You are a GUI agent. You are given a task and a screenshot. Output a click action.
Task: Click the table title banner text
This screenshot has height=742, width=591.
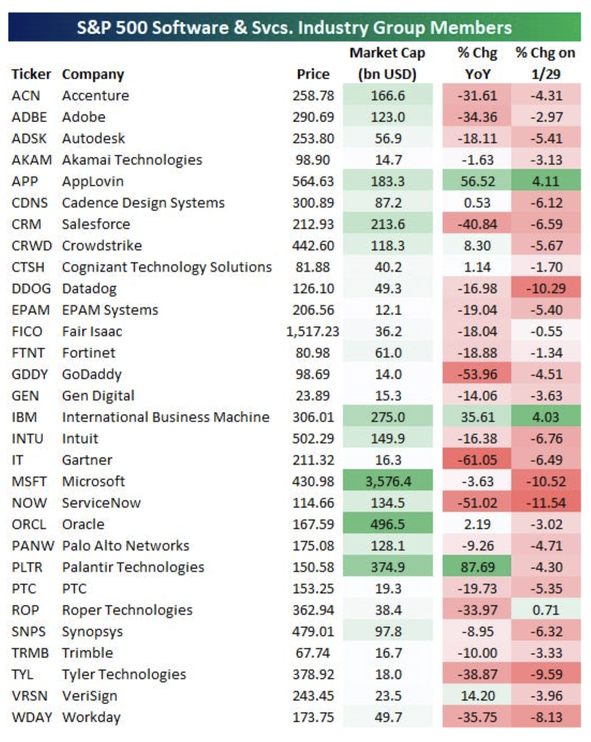coord(294,28)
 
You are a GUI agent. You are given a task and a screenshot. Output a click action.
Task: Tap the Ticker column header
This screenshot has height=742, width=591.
coord(31,75)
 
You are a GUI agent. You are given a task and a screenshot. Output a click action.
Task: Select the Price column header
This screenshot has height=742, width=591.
coord(313,75)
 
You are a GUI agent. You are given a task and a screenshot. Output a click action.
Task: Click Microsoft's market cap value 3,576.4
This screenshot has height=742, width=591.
coord(388,481)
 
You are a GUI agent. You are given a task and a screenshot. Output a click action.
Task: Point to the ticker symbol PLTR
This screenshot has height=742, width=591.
coord(27,567)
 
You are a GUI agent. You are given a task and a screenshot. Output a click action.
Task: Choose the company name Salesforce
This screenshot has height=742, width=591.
coord(96,224)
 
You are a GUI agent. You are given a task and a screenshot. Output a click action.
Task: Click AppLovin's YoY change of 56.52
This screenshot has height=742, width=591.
coord(477,181)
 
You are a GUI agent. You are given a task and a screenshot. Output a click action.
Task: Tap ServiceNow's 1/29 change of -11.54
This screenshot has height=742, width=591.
coord(546,503)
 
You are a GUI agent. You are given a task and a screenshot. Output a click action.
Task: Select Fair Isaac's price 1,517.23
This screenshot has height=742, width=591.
coord(313,331)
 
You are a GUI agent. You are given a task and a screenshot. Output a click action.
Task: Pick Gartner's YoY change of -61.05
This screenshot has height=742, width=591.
coord(477,460)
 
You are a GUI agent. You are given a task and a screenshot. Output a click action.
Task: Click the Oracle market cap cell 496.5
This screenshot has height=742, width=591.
coord(388,524)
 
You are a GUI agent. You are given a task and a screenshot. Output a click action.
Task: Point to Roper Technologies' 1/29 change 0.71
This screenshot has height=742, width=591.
coord(546,610)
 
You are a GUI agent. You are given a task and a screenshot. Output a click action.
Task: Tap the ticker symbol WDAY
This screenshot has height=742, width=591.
coord(32,717)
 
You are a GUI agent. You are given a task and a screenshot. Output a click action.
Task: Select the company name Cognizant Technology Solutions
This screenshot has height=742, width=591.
coord(167,267)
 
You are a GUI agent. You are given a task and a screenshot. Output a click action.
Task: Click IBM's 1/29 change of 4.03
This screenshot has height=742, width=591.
coord(546,417)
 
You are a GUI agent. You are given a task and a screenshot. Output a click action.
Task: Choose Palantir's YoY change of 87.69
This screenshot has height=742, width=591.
coord(477,567)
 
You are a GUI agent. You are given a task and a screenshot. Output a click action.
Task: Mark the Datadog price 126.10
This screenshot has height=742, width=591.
coord(313,288)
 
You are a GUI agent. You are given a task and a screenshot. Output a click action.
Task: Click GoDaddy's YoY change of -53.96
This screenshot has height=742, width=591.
coord(477,374)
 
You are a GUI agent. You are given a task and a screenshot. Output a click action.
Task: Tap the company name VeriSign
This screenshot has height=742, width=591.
coord(90,696)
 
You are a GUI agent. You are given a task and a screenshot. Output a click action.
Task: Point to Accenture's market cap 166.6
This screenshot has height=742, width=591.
coord(388,95)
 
